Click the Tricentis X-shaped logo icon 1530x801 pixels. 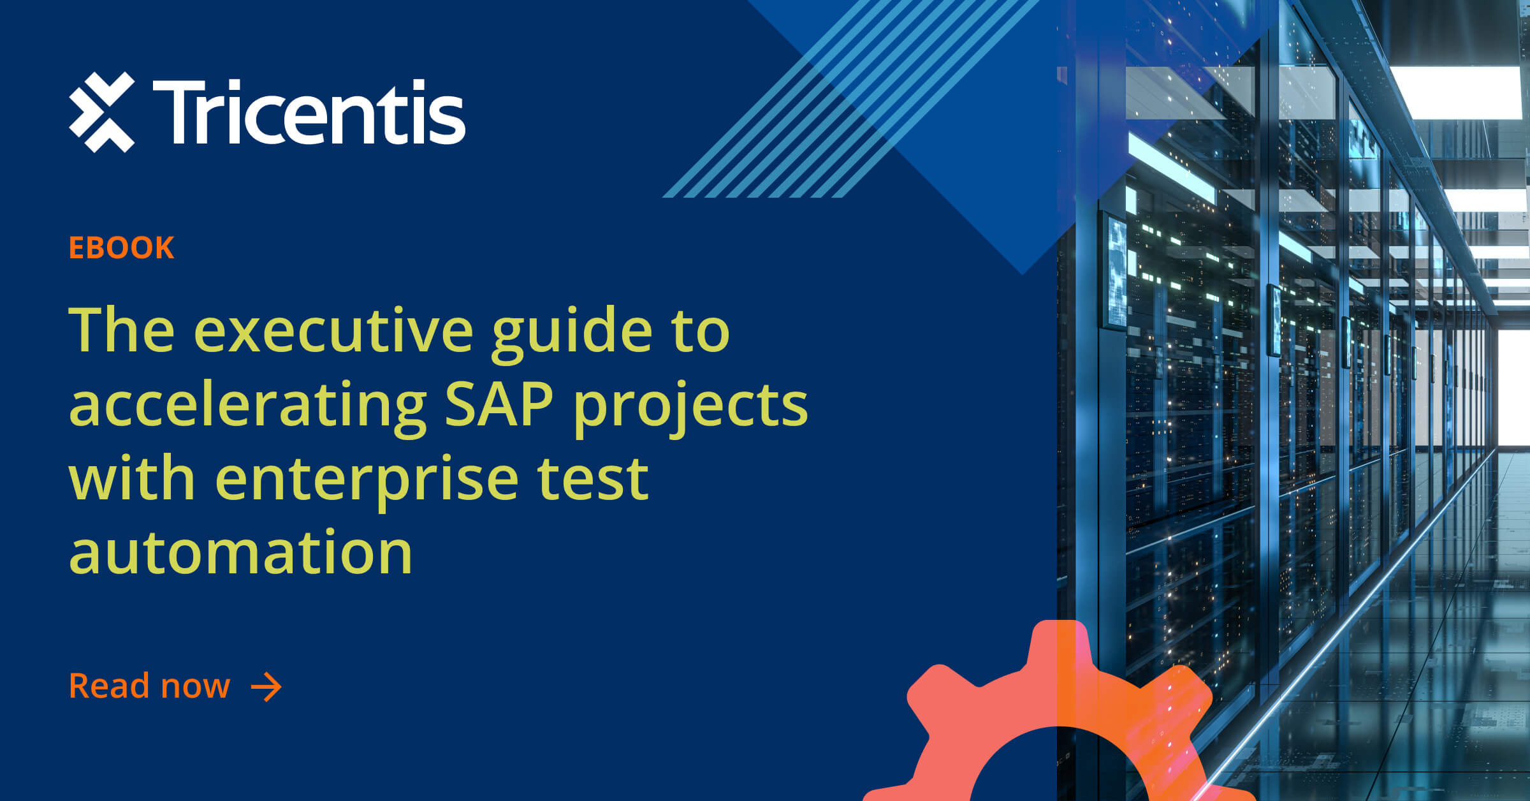point(102,112)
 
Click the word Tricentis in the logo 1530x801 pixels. point(309,112)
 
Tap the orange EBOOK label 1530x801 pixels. point(121,247)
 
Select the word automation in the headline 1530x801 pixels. point(240,552)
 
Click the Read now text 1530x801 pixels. point(149,686)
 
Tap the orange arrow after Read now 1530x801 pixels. point(266,687)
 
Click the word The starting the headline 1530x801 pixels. point(121,330)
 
